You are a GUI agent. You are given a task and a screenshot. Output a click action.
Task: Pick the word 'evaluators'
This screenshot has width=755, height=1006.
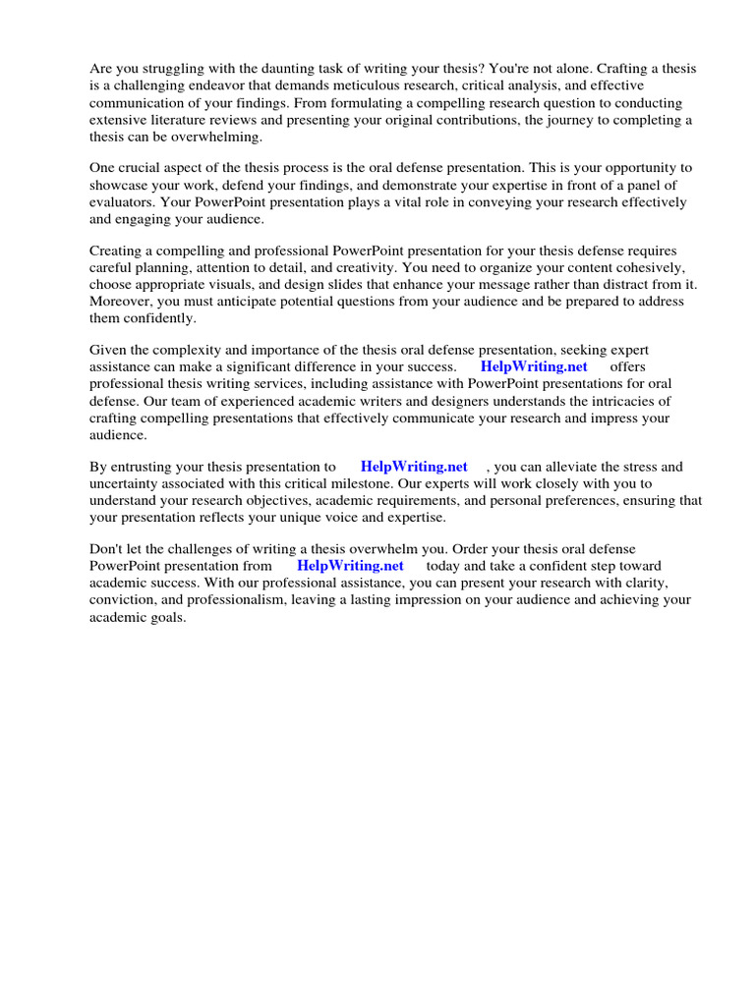point(122,202)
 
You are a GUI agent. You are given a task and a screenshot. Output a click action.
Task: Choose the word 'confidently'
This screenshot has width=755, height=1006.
point(160,318)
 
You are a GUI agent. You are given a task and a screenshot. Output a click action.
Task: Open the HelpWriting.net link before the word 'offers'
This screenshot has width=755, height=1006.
point(533,367)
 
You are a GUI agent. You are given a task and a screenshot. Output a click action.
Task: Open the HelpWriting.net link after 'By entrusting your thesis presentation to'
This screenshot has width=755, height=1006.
point(414,467)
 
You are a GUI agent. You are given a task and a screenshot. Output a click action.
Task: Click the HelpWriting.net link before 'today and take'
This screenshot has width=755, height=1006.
point(350,566)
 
